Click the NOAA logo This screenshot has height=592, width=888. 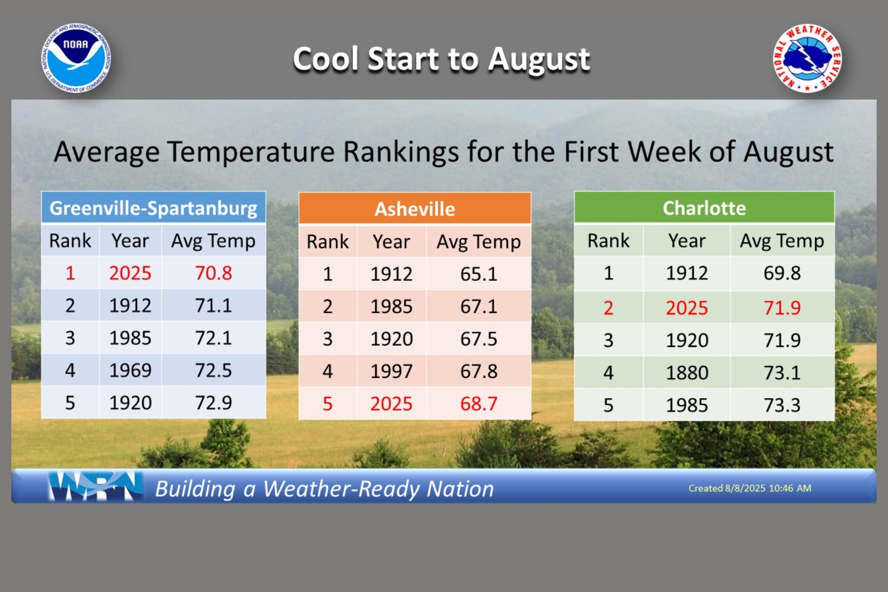click(x=76, y=58)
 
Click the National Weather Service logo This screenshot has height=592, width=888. click(x=808, y=58)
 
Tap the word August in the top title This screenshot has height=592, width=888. click(x=539, y=60)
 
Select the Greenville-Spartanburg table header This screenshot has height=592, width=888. click(x=153, y=208)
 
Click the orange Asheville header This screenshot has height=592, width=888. click(x=415, y=209)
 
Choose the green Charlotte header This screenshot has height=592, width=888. click(x=704, y=208)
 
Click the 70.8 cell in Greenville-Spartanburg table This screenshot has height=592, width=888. click(x=214, y=273)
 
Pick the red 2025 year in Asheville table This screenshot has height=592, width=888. click(x=391, y=404)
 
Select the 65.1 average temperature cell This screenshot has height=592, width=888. click(x=479, y=274)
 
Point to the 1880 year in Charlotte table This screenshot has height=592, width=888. click(x=687, y=372)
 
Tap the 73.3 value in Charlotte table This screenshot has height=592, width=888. click(x=782, y=405)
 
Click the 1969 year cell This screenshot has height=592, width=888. click(x=130, y=370)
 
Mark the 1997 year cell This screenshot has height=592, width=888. click(x=391, y=371)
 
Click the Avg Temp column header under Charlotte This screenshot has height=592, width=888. click(x=782, y=241)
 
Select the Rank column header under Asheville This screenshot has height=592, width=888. click(x=328, y=242)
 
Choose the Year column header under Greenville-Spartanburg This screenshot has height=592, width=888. click(x=130, y=241)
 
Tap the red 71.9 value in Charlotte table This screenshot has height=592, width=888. click(x=782, y=308)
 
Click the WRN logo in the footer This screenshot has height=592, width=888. click(x=96, y=486)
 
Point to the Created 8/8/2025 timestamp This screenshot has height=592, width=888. click(x=750, y=488)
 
